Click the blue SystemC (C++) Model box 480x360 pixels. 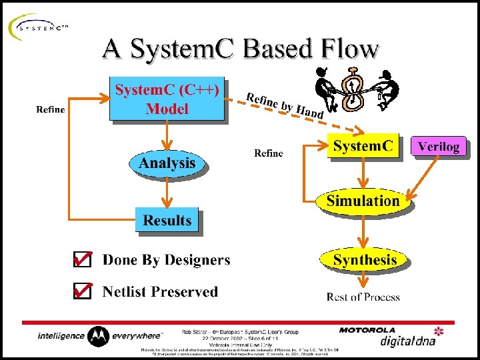click(x=167, y=100)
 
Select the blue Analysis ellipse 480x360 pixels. click(x=167, y=163)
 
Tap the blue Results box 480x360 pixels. click(x=167, y=221)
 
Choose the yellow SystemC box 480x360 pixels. click(x=363, y=147)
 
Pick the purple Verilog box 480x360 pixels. click(x=439, y=147)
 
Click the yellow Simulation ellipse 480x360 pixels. click(x=363, y=201)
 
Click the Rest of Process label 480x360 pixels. click(x=363, y=297)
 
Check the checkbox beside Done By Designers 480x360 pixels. click(x=82, y=260)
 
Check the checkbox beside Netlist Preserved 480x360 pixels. click(x=82, y=291)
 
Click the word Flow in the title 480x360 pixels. click(x=349, y=49)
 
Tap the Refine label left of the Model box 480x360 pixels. click(x=51, y=109)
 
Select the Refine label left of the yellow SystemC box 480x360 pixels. click(x=268, y=153)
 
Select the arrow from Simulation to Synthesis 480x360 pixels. click(x=363, y=231)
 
